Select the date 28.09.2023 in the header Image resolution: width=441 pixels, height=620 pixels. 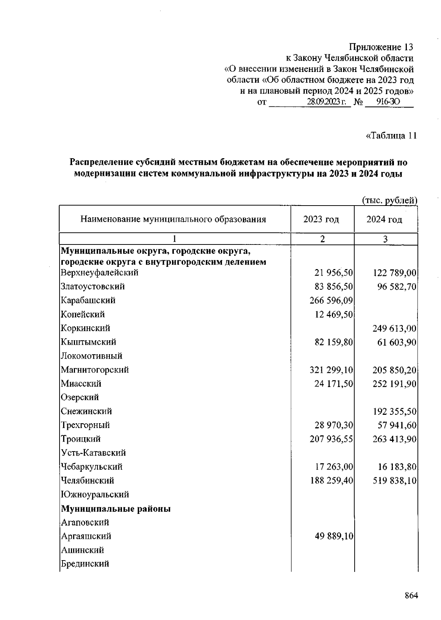click(329, 102)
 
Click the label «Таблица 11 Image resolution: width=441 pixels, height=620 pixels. click(391, 136)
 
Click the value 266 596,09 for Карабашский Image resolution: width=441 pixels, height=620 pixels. click(331, 301)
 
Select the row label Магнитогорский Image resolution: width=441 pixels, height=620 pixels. click(95, 370)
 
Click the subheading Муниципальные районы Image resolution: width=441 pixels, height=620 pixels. click(116, 509)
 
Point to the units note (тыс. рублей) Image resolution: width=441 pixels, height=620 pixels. click(390, 200)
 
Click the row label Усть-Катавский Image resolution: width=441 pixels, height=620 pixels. click(93, 453)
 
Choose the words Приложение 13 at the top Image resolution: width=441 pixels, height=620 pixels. click(381, 47)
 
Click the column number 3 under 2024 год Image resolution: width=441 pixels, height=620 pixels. click(385, 239)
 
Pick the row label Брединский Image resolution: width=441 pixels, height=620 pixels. click(85, 563)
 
